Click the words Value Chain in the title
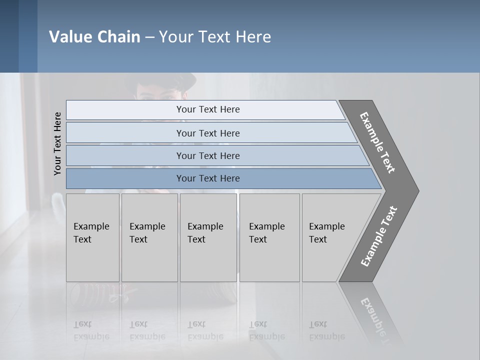click(x=94, y=37)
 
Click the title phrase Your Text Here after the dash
click(x=215, y=37)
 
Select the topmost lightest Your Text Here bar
click(x=207, y=109)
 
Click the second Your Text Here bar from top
click(x=207, y=133)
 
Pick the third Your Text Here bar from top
click(x=207, y=155)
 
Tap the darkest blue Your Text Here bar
click(x=207, y=178)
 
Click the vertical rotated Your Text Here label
click(x=57, y=143)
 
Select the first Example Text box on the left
click(x=92, y=237)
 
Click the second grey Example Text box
click(x=149, y=237)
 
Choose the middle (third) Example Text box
click(x=208, y=237)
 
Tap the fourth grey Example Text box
click(x=269, y=237)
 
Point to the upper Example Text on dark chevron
click(x=377, y=142)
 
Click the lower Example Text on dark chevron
click(x=379, y=236)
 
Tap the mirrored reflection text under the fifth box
click(x=326, y=330)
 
